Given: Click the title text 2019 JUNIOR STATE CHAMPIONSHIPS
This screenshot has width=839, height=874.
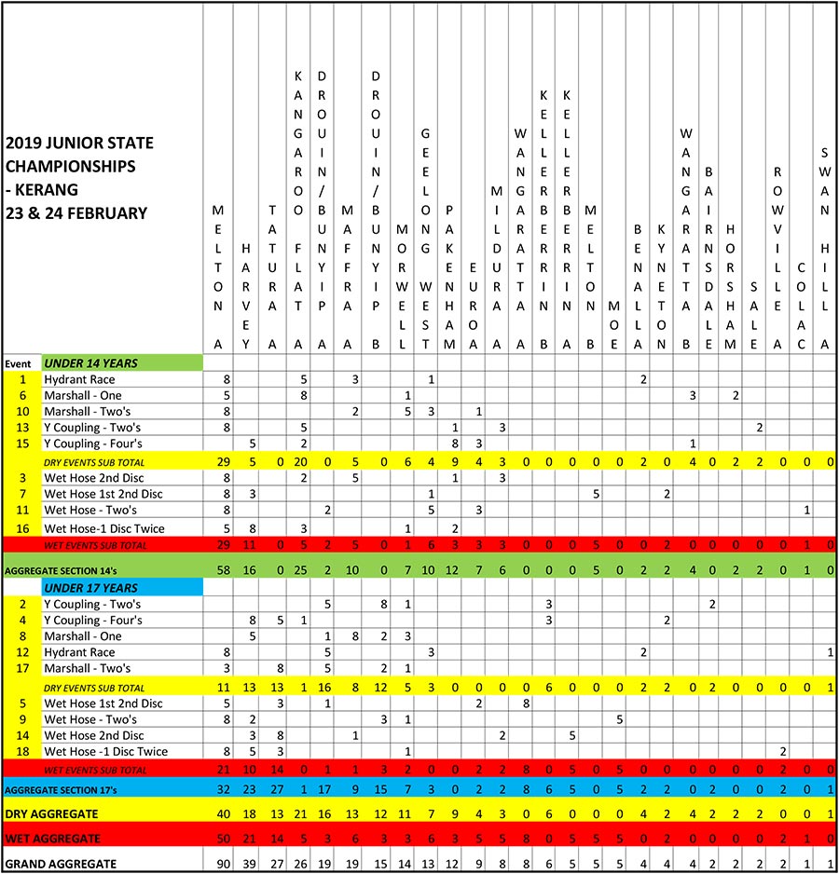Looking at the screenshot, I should (78, 155).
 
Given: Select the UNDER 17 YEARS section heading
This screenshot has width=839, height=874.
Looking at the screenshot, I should (89, 588).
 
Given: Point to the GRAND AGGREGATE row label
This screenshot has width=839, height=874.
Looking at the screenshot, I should (61, 863).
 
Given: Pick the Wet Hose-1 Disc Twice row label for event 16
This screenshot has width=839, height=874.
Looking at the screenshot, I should (105, 528).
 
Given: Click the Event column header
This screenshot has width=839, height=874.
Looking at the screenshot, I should (19, 363).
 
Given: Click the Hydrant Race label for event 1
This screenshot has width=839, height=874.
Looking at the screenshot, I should (79, 379).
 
